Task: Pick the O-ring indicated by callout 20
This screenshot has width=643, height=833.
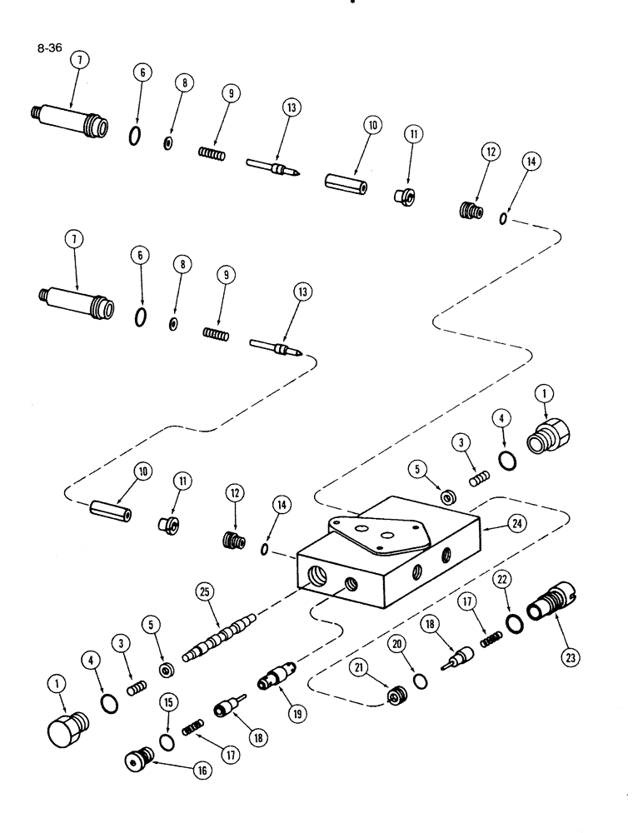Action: click(x=421, y=683)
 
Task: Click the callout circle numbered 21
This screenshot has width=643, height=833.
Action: click(x=360, y=668)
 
